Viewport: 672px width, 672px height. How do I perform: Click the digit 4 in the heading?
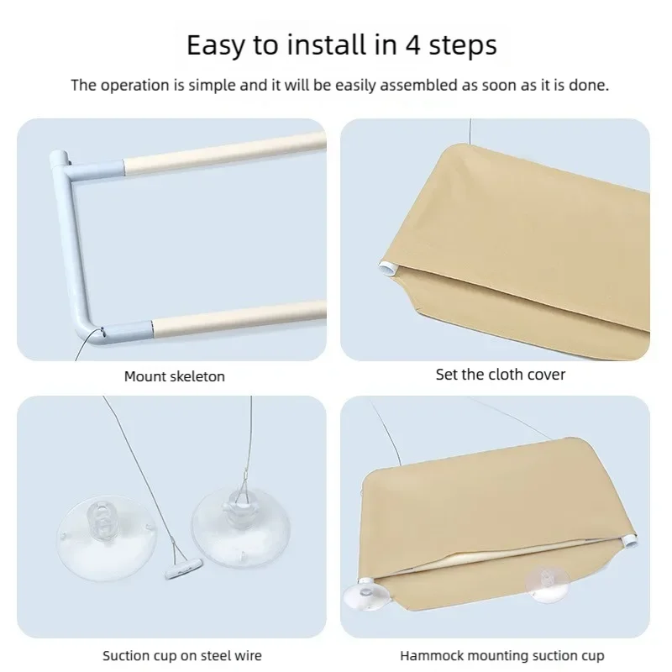click(413, 45)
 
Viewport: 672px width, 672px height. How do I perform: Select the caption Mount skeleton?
click(175, 376)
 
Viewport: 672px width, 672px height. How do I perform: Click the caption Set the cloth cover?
click(500, 374)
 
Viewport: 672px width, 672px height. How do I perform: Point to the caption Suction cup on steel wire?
click(182, 655)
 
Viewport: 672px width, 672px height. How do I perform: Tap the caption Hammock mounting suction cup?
click(501, 655)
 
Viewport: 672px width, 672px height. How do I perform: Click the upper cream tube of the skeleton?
click(225, 153)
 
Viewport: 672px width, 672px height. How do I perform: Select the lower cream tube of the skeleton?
click(239, 318)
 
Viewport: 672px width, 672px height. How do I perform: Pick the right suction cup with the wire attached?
click(241, 530)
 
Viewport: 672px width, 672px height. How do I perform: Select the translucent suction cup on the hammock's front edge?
click(548, 585)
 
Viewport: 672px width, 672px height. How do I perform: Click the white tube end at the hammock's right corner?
click(630, 539)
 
